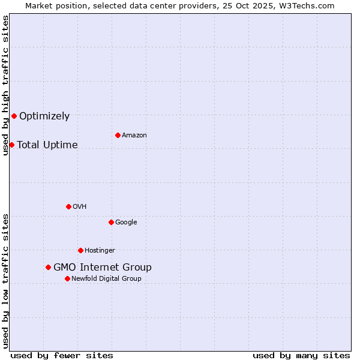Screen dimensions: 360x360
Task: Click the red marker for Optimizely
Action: pos(14,116)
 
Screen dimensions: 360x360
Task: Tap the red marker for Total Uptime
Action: pos(11,145)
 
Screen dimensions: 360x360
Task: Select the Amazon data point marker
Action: pos(118,135)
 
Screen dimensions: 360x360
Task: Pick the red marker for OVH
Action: pos(68,206)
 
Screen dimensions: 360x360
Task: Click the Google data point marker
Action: pos(111,222)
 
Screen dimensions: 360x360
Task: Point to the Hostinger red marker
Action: pos(80,250)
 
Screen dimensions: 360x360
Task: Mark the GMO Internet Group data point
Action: pos(48,267)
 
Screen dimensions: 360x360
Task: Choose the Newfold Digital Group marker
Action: pos(67,278)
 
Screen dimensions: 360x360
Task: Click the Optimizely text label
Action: pos(44,116)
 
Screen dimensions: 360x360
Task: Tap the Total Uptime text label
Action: pos(47,145)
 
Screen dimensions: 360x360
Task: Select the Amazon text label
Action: pos(134,136)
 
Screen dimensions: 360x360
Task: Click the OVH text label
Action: pos(80,207)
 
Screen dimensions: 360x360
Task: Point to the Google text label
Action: pos(126,223)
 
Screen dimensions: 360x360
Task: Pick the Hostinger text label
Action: pos(100,251)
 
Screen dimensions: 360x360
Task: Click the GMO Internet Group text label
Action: pos(103,268)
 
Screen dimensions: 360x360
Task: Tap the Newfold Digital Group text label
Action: pos(106,279)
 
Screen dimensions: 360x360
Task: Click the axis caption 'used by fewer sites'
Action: pos(62,355)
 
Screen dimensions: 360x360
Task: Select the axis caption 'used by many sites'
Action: pos(301,355)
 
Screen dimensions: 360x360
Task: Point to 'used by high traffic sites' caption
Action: pos(5,85)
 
